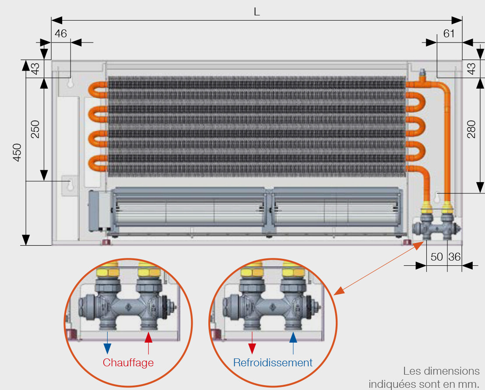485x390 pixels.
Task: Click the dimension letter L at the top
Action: pyautogui.click(x=257, y=12)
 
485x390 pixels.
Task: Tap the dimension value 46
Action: pyautogui.click(x=60, y=33)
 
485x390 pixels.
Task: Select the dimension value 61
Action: pyautogui.click(x=449, y=33)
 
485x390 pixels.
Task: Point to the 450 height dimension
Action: pyautogui.click(x=17, y=152)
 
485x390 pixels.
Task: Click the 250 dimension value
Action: pyautogui.click(x=35, y=129)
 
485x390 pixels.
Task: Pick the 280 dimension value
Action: pyautogui.click(x=471, y=129)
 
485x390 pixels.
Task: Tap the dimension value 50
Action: pyautogui.click(x=437, y=257)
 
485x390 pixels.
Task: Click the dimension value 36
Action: pyautogui.click(x=454, y=257)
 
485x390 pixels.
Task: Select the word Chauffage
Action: pyautogui.click(x=128, y=362)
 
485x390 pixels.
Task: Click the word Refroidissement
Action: pyautogui.click(x=273, y=362)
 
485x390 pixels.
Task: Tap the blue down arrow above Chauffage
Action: pyautogui.click(x=107, y=343)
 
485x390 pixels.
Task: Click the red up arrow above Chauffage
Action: pyautogui.click(x=148, y=343)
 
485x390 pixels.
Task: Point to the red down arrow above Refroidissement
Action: pyautogui.click(x=252, y=343)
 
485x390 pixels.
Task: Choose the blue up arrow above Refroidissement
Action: pyautogui.click(x=293, y=343)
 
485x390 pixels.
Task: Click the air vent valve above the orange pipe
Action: pyautogui.click(x=422, y=75)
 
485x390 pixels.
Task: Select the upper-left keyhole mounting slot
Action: pyautogui.click(x=70, y=82)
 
